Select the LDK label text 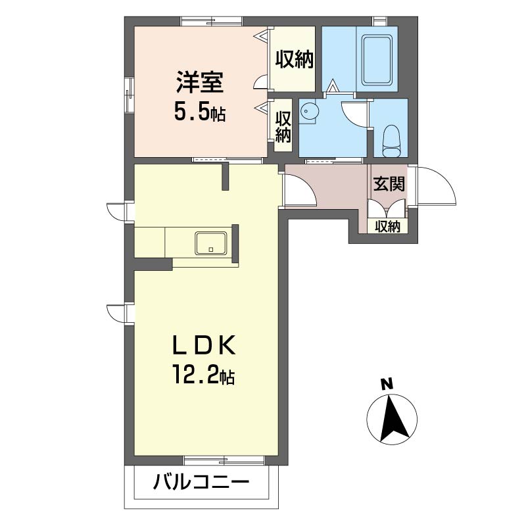click(x=204, y=345)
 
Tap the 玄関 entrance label click(x=389, y=184)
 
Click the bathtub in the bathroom click(x=377, y=60)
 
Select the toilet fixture click(x=391, y=141)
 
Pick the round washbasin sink click(x=308, y=110)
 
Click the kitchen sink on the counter click(x=211, y=243)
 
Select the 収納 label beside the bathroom click(x=294, y=60)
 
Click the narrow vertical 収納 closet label click(x=283, y=126)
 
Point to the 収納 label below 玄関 click(x=387, y=227)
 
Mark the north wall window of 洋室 click(x=212, y=21)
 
